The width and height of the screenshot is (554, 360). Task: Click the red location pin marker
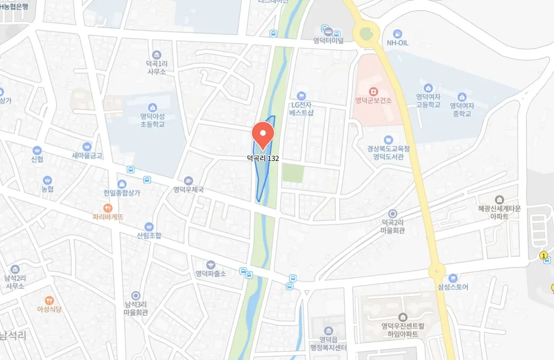pyautogui.click(x=263, y=134)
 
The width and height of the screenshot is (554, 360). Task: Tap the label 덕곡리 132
pyautogui.click(x=263, y=159)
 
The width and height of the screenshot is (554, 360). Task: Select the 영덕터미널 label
pyautogui.click(x=328, y=40)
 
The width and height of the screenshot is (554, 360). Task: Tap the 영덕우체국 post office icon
pyautogui.click(x=188, y=180)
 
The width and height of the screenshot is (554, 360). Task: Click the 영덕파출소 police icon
pyautogui.click(x=211, y=264)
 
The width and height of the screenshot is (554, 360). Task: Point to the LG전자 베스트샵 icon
pyautogui.click(x=301, y=96)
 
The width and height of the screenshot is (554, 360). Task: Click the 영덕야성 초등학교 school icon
pyautogui.click(x=153, y=108)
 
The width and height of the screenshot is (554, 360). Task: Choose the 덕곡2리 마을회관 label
pyautogui.click(x=392, y=227)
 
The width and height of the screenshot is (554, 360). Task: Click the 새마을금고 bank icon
pyautogui.click(x=87, y=146)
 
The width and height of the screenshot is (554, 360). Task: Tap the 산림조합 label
pyautogui.click(x=149, y=236)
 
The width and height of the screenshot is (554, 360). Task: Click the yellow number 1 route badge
pyautogui.click(x=543, y=255)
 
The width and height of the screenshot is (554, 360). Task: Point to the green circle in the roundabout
pyautogui.click(x=366, y=33)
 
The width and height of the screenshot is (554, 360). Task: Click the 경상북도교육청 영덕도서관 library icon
pyautogui.click(x=388, y=140)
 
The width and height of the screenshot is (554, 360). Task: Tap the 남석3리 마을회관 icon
pyautogui.click(x=135, y=295)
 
